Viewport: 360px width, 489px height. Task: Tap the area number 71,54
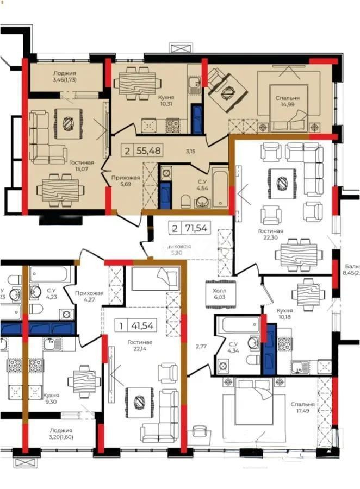(196, 228)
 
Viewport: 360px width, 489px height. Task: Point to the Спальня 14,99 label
(287, 102)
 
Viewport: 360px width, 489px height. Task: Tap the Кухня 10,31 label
(166, 102)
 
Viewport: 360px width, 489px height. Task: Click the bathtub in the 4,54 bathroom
(219, 188)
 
